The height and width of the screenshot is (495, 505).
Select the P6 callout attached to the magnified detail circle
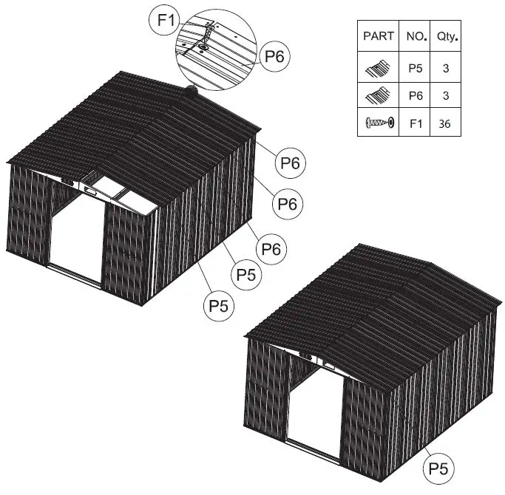[274, 58]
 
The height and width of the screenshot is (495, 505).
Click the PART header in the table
[379, 35]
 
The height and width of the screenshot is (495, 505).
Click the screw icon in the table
[378, 123]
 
